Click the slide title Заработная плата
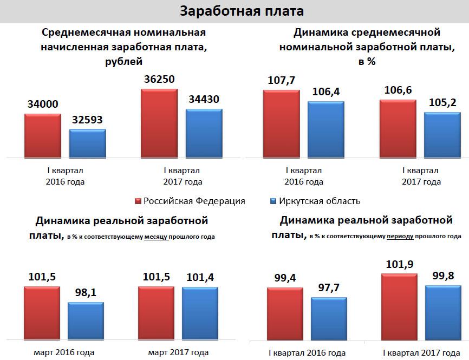(234, 11)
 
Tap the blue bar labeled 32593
(87, 143)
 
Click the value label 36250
(159, 79)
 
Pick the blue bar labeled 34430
(204, 133)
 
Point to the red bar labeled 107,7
(281, 123)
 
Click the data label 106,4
(326, 91)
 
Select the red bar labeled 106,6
(398, 128)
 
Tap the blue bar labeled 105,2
(442, 134)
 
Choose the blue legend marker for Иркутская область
(273, 201)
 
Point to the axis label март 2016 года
(63, 352)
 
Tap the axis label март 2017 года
(178, 352)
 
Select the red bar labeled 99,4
(285, 313)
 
